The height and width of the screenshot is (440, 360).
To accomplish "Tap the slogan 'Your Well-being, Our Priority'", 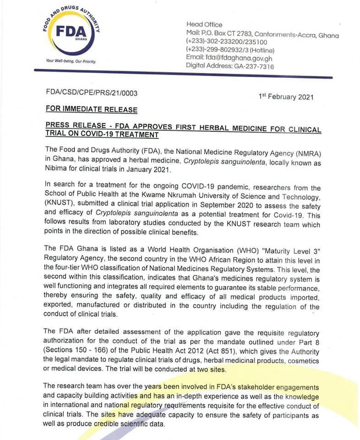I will click(71, 61).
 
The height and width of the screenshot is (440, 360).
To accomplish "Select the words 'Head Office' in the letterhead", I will click(204, 24).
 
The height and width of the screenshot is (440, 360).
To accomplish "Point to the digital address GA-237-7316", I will click(255, 66).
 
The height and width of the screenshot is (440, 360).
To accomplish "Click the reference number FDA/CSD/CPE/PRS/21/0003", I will click(92, 93).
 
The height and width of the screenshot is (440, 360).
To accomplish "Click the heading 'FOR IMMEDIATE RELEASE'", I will click(91, 110).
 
